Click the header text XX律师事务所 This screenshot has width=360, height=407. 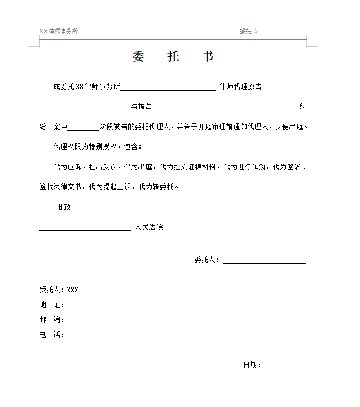(x=58, y=31)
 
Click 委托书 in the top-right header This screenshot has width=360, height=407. (x=248, y=31)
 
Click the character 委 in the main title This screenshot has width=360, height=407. (x=138, y=57)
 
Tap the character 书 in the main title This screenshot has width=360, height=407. (x=208, y=57)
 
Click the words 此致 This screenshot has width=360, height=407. (x=64, y=207)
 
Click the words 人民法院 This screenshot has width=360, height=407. (x=149, y=227)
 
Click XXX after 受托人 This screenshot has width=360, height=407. (x=72, y=290)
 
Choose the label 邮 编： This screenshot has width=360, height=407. (x=52, y=320)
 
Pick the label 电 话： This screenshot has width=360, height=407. (x=52, y=335)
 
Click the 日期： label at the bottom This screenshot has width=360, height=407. (x=252, y=365)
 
